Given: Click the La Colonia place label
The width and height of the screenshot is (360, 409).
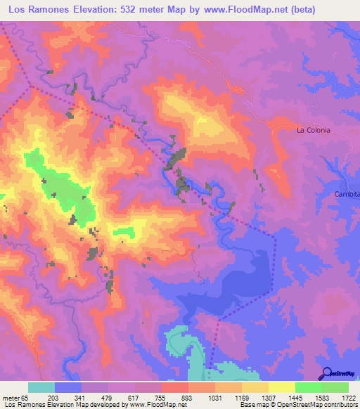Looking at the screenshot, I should point(313,130).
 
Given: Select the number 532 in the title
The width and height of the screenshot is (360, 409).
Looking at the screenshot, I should point(131,10).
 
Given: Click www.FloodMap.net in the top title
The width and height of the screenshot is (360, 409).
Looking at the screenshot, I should point(243,10).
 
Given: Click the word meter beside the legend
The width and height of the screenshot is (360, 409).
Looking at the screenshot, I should point(13,398).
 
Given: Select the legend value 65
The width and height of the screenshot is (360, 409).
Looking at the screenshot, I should point(28,398).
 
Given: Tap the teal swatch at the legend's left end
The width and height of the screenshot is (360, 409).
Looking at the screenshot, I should point(41,387).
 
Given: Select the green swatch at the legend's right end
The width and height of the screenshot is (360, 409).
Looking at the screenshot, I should point(335,387).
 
